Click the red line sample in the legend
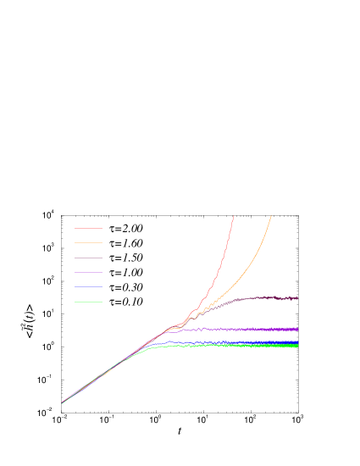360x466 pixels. tap(88, 228)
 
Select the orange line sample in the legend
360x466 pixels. tap(88, 242)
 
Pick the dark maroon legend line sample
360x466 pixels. tap(88, 258)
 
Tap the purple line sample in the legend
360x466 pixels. tap(88, 272)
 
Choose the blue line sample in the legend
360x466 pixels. tap(88, 286)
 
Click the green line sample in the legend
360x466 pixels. tap(88, 302)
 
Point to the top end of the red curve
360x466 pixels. tap(233, 217)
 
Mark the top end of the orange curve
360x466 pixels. tap(271, 216)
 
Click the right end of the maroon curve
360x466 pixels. tap(297, 298)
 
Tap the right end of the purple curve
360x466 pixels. tap(297, 329)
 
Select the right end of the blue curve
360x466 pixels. tap(297, 342)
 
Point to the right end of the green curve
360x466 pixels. tap(297, 347)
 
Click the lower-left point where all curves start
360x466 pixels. tap(62, 402)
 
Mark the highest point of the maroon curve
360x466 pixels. tap(269, 297)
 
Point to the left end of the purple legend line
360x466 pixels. tap(75, 272)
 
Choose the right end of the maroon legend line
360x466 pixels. tap(102, 258)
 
